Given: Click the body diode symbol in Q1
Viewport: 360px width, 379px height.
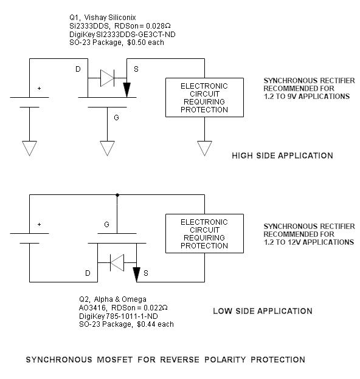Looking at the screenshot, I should click(108, 77).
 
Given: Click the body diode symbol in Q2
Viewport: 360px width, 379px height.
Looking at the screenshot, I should click(117, 263).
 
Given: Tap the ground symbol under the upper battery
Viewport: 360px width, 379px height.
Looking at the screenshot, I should click(29, 148).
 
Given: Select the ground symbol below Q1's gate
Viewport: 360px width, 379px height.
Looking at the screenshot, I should click(108, 148).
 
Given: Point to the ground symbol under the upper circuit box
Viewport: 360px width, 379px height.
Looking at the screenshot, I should click(204, 148).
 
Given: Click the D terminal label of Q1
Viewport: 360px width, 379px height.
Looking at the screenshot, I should click(78, 69).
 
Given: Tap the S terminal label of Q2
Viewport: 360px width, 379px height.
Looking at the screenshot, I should click(145, 274).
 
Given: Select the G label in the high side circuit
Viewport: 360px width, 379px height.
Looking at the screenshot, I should click(117, 116).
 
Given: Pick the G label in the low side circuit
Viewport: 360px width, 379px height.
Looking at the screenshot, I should click(107, 225).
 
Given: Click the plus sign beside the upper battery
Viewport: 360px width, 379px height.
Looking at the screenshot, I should click(40, 89).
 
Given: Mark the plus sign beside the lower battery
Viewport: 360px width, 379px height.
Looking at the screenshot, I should click(40, 225).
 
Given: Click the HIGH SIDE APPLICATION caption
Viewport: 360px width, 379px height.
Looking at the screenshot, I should click(282, 156).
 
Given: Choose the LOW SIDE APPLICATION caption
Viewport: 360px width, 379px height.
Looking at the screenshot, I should click(262, 311).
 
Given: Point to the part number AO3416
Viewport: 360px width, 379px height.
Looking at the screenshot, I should click(92, 308).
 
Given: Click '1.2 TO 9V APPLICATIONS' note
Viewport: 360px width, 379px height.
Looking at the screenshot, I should click(306, 97).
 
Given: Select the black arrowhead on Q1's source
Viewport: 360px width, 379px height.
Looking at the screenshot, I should click(126, 90).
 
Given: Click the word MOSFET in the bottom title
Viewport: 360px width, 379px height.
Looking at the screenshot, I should click(112, 360).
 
